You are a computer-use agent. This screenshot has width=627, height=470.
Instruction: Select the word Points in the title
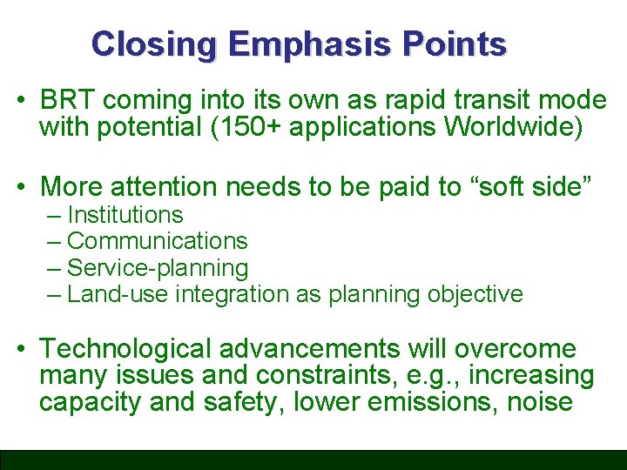coord(462,44)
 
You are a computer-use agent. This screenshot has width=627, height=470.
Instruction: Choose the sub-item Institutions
coord(125,215)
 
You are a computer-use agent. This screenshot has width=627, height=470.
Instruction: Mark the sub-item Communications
coord(157,241)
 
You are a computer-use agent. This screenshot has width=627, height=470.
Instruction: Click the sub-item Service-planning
coord(157,268)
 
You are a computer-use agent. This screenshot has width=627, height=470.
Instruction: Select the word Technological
coord(126,349)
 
